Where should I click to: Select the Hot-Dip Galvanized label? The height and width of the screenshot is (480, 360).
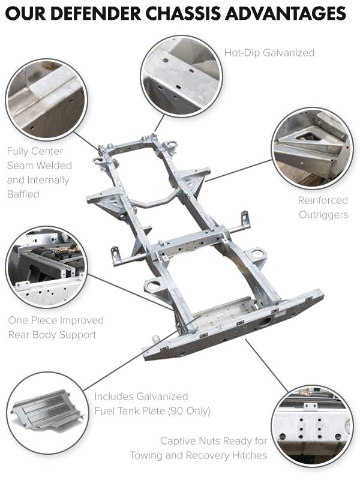point(269,53)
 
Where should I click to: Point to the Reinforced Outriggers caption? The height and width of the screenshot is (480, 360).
point(323,208)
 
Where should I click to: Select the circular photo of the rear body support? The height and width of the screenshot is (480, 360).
point(46,266)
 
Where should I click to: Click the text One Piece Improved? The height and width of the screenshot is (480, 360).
point(56,320)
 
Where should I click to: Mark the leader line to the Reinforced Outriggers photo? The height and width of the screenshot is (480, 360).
point(240,172)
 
